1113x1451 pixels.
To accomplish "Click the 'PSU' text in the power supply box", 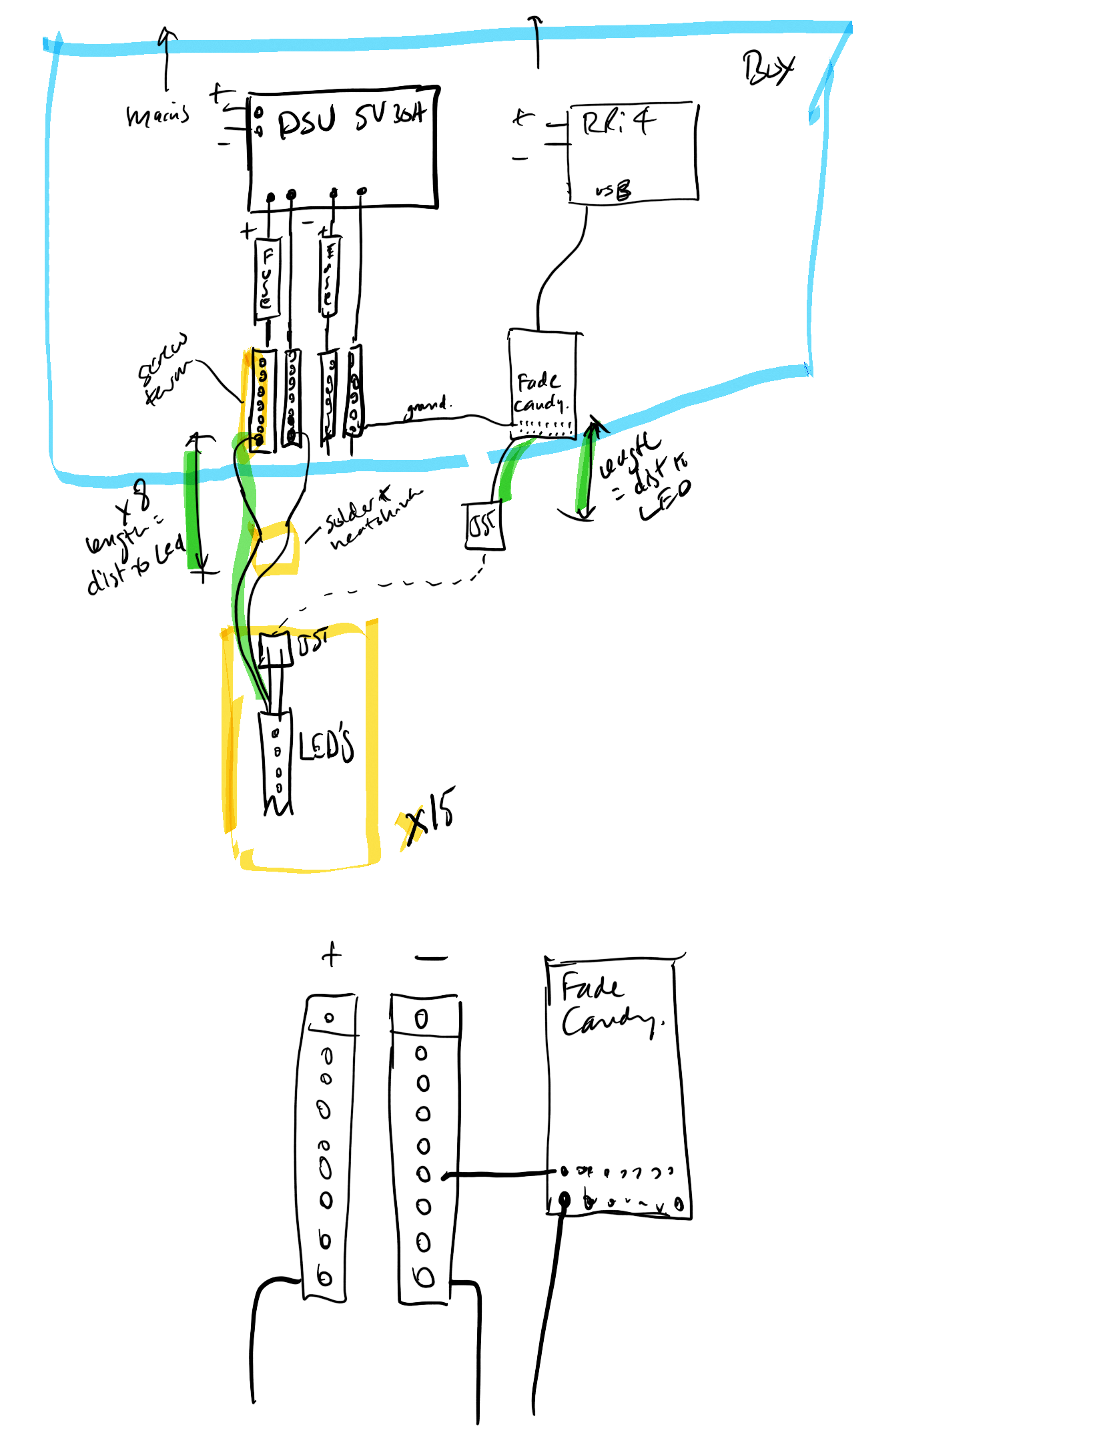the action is click(x=306, y=123).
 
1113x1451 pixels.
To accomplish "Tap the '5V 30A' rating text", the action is click(x=390, y=116).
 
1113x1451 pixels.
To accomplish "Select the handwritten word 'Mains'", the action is click(x=158, y=116).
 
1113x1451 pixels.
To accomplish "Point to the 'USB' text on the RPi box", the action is click(x=613, y=191).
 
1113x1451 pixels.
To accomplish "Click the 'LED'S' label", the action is click(x=326, y=742).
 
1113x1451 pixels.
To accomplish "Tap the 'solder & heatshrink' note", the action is click(x=370, y=518).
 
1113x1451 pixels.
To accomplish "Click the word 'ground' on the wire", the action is click(x=427, y=406).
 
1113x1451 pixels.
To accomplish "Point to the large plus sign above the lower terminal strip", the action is click(x=332, y=955).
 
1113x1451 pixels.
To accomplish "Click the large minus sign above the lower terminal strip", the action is click(x=431, y=958).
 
